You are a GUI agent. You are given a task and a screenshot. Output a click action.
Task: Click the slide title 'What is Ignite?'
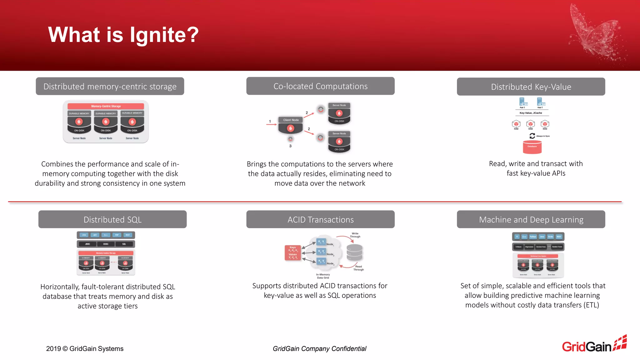(x=123, y=34)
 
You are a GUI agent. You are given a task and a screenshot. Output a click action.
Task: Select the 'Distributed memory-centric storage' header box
(x=110, y=86)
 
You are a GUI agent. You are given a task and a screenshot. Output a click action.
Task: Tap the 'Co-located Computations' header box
(x=320, y=86)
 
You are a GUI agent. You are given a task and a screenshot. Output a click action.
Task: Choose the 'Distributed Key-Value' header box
(x=531, y=87)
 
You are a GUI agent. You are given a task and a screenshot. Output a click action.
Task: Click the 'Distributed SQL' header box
(x=112, y=219)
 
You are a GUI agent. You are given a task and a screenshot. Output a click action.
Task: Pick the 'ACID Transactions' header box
(x=320, y=219)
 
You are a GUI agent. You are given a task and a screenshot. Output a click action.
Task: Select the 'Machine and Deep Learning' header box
(x=531, y=219)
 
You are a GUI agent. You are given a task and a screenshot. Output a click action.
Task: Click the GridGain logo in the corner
(x=594, y=345)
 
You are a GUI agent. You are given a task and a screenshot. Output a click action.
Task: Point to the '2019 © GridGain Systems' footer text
(x=85, y=348)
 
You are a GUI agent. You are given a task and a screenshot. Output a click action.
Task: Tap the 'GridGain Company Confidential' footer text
(x=319, y=348)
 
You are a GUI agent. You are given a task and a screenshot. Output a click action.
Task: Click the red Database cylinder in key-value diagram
(x=532, y=147)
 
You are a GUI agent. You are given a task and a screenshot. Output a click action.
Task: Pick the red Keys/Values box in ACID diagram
(x=292, y=252)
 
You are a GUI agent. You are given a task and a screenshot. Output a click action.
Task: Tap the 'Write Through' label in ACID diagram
(x=355, y=235)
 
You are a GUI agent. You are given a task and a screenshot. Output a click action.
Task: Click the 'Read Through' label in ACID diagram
(x=358, y=268)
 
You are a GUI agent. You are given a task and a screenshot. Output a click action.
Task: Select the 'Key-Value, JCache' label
(x=531, y=113)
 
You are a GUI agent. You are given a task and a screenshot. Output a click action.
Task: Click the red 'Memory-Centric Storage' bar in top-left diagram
(x=106, y=106)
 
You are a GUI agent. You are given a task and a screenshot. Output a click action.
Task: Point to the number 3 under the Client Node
(x=290, y=146)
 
